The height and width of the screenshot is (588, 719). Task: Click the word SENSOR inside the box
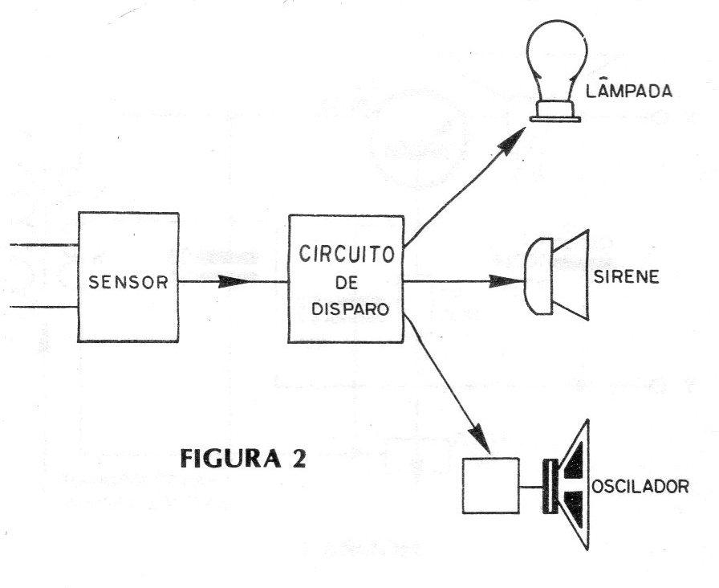(x=128, y=282)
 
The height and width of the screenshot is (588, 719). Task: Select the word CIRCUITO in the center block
(x=347, y=253)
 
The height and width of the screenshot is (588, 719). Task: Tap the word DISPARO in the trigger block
(x=351, y=309)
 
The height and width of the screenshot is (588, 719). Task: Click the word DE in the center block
(x=347, y=282)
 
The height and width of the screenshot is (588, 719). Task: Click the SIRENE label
(x=627, y=277)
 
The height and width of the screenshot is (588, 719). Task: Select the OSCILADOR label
(x=640, y=486)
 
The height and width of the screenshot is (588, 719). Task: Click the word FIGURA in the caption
(x=230, y=458)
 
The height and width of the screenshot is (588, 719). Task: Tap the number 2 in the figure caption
(x=298, y=458)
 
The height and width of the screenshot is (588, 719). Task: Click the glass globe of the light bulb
(x=556, y=57)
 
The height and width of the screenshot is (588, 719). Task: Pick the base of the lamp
(x=555, y=112)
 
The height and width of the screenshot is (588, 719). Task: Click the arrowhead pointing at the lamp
(x=510, y=141)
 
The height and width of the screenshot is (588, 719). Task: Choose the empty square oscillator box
(x=490, y=486)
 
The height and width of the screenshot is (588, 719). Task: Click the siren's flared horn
(x=571, y=275)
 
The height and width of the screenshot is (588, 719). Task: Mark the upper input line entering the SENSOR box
(x=44, y=245)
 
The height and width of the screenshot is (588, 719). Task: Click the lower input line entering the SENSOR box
(x=44, y=306)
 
